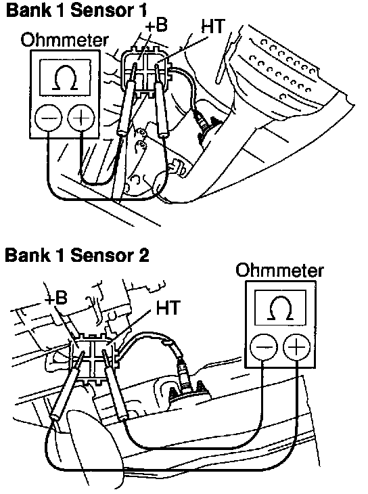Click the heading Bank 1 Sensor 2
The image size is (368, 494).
pos(77,254)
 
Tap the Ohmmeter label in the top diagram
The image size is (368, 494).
pos(64,41)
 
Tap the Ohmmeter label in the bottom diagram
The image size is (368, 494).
pos(279,270)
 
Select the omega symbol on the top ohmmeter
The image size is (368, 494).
pos(66,78)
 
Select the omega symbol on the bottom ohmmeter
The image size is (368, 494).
pos(280,308)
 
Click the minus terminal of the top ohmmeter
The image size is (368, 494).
pos(48,118)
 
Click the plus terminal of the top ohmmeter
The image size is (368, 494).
pos(81,118)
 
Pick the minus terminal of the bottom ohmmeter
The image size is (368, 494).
pos(264,347)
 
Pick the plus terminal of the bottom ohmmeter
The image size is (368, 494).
pos(296,347)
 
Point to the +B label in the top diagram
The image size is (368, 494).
pos(156,26)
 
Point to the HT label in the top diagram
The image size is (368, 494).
pos(212,26)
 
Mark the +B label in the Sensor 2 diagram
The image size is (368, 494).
pos(56,297)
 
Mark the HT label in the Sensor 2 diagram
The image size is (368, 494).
pos(168,307)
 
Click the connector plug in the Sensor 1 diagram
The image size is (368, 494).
pos(146,72)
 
